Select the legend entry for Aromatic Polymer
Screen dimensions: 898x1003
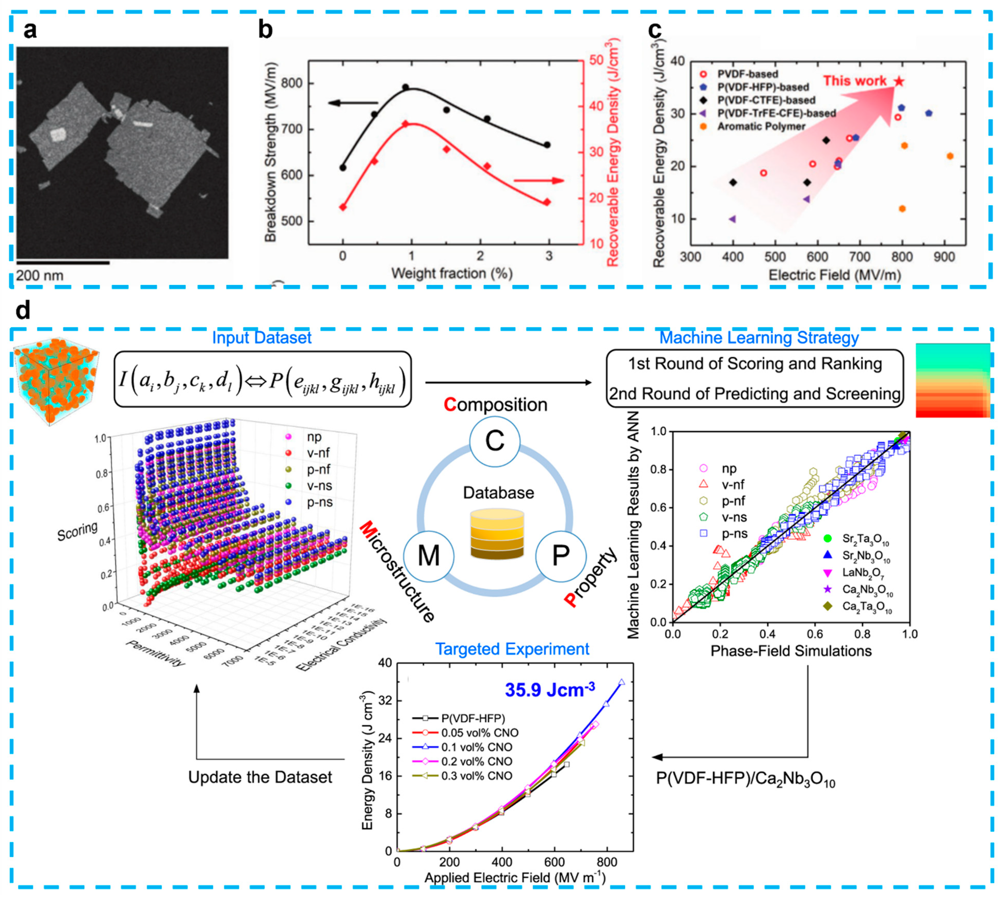(761, 126)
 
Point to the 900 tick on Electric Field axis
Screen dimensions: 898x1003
(944, 257)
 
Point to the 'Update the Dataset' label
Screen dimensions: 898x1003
(260, 777)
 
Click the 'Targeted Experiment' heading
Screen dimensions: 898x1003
(512, 649)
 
